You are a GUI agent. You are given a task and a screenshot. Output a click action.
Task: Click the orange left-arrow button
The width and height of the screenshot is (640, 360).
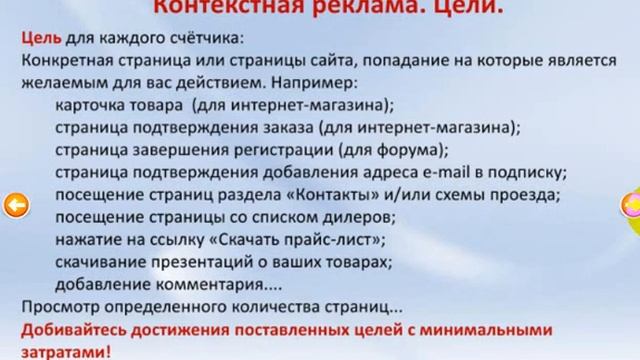15,206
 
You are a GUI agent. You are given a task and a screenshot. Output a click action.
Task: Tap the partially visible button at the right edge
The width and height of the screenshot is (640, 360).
631,207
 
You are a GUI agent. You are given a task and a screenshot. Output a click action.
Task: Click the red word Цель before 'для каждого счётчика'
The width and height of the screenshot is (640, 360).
39,39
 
